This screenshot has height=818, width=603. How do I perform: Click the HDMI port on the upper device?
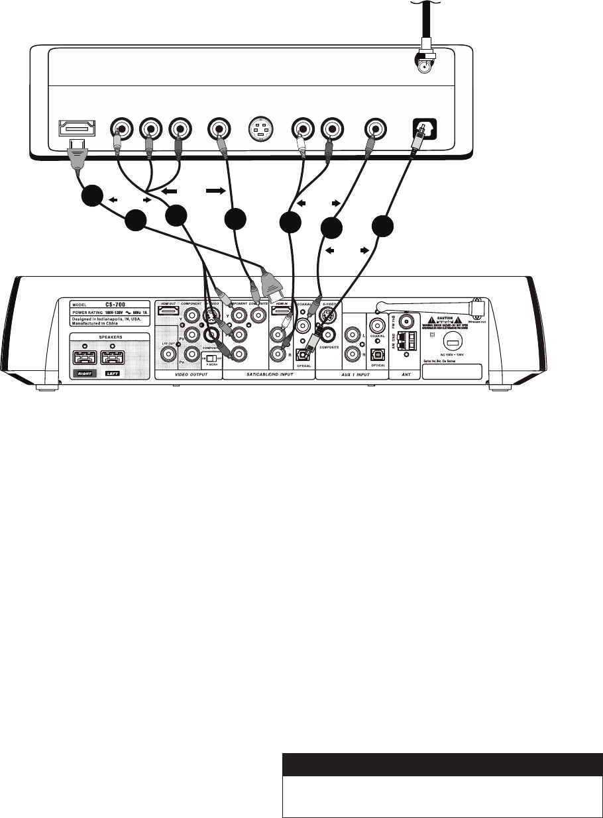click(78, 127)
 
